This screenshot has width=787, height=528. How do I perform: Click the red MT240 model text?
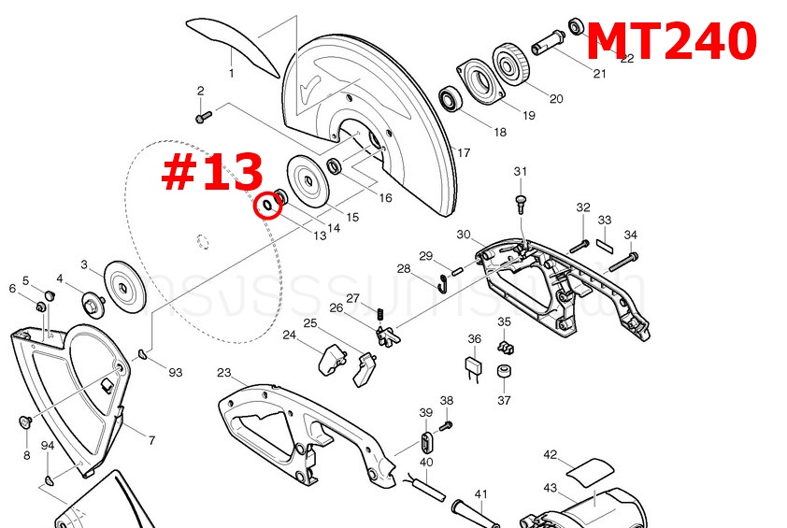click(x=670, y=41)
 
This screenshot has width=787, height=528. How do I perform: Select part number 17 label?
click(x=463, y=152)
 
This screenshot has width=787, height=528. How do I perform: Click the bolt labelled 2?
click(x=205, y=117)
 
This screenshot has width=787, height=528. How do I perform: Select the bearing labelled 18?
click(x=451, y=97)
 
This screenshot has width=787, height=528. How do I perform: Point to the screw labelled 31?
click(x=521, y=199)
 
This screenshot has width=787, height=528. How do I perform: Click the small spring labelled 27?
click(x=379, y=312)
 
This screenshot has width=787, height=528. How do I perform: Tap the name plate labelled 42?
click(x=585, y=469)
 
